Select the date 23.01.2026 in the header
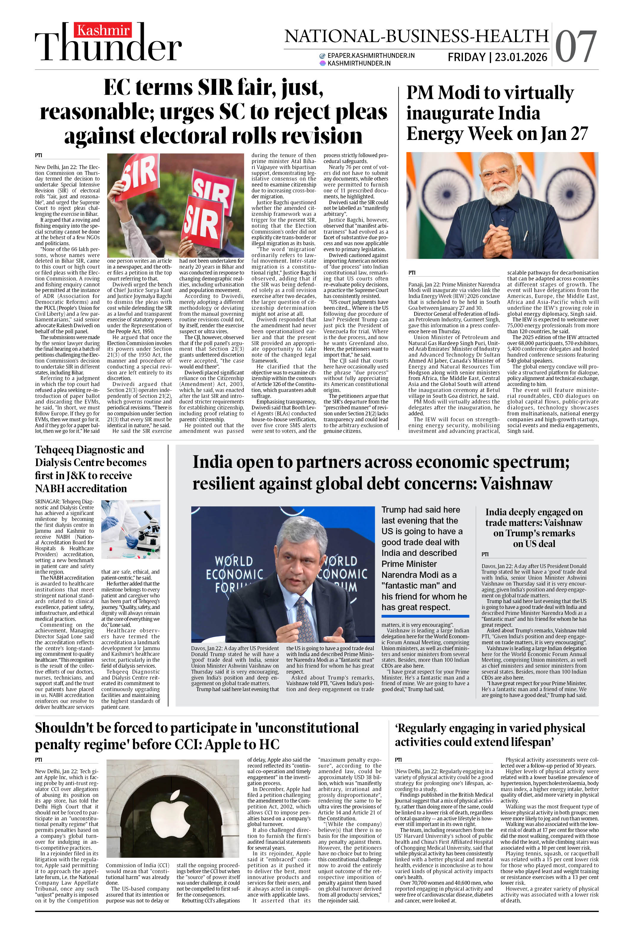click(521, 58)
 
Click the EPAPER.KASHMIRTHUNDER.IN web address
click(370, 55)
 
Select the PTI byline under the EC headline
click(38, 155)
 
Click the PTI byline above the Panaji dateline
click(412, 273)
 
